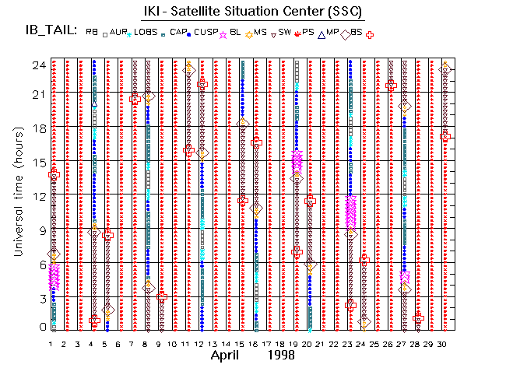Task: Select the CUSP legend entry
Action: point(204,32)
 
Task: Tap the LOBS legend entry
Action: point(144,32)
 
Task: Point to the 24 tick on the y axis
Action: point(36,65)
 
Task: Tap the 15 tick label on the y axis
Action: point(36,162)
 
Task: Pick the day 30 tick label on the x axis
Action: point(444,343)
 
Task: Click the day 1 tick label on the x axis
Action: point(51,343)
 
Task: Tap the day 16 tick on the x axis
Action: point(255,343)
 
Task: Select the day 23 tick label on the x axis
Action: point(350,343)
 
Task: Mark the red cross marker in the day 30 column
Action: point(445,136)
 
